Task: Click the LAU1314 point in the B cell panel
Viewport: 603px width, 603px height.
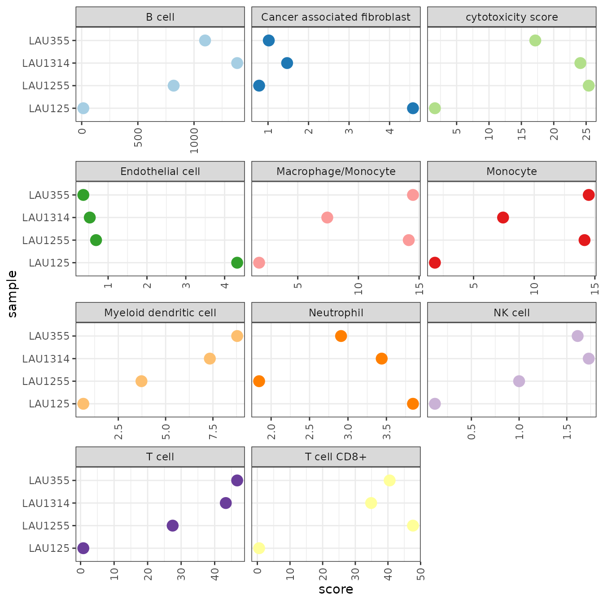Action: click(237, 63)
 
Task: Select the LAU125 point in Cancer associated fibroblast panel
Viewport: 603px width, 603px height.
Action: click(413, 108)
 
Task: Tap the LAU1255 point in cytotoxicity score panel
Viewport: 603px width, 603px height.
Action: click(589, 85)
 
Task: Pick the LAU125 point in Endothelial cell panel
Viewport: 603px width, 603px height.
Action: click(237, 262)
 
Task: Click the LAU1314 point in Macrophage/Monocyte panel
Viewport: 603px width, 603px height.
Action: click(327, 218)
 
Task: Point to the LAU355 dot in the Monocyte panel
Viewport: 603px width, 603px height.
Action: click(589, 195)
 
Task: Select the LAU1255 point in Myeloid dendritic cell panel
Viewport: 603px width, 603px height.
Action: click(141, 381)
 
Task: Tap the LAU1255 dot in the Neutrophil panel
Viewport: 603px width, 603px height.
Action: click(259, 381)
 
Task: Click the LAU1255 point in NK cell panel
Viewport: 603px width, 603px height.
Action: click(519, 381)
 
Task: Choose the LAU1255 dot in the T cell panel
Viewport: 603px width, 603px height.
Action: click(172, 525)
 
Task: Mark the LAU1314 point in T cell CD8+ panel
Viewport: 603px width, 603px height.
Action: click(371, 503)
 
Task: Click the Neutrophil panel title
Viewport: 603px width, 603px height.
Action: click(336, 313)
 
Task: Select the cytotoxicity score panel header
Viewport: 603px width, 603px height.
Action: click(511, 17)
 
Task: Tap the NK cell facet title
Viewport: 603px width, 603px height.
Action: click(511, 313)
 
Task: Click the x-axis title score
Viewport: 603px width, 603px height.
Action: click(336, 589)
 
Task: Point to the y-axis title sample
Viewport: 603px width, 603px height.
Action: click(12, 294)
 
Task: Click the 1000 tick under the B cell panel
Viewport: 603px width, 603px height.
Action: click(194, 141)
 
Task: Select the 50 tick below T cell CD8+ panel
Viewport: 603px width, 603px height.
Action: click(420, 574)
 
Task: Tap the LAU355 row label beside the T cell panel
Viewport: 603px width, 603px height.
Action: click(49, 481)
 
